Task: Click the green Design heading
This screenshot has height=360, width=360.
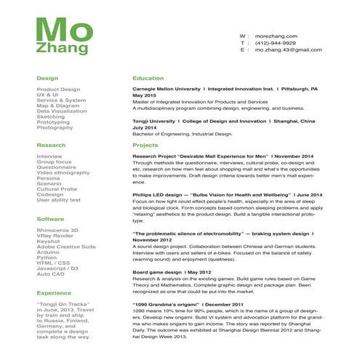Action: click(x=47, y=77)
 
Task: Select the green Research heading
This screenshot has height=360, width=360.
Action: click(x=51, y=145)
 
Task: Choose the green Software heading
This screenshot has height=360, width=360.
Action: click(x=50, y=218)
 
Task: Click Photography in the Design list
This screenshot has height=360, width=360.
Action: click(x=55, y=128)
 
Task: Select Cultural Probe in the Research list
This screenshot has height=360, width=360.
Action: click(x=57, y=189)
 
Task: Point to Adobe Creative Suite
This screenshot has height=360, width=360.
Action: click(x=65, y=247)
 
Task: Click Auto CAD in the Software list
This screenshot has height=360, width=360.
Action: click(x=51, y=273)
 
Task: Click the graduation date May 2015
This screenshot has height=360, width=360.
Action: click(x=144, y=95)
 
